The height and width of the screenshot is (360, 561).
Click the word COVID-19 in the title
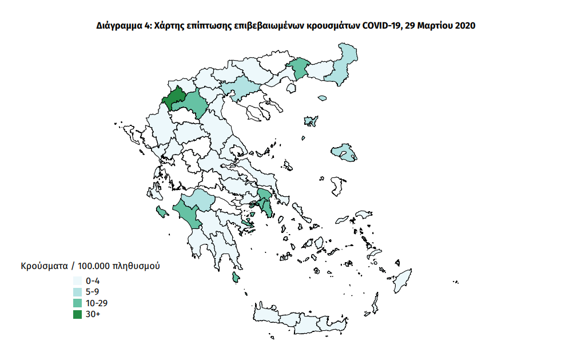click(381, 26)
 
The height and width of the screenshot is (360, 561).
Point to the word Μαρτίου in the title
click(433, 26)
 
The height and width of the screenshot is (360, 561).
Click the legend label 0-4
click(93, 281)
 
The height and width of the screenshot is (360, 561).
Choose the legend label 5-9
click(93, 292)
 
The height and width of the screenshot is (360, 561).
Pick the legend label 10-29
click(96, 303)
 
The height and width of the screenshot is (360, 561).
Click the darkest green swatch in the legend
click(77, 314)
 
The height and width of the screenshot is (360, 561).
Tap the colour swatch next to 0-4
click(77, 281)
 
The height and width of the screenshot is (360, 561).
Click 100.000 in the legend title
click(93, 267)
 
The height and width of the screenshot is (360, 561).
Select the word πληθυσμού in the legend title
click(136, 267)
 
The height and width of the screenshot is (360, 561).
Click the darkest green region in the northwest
click(173, 98)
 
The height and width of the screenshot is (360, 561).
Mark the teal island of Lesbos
click(345, 152)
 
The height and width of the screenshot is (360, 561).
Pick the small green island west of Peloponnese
click(161, 213)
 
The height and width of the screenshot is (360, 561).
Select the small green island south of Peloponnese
click(235, 278)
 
